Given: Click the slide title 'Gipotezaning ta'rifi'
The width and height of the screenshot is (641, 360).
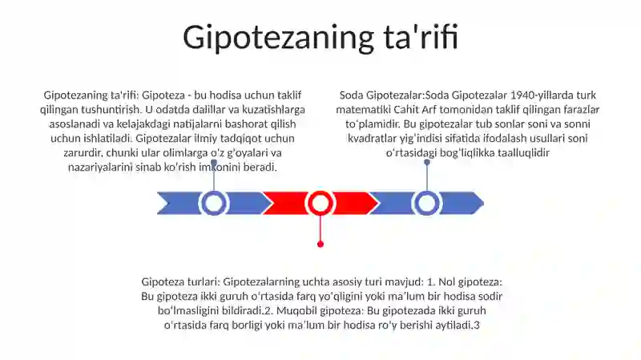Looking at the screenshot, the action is pyautogui.click(x=320, y=38).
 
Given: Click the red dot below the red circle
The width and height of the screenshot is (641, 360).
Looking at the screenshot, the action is pyautogui.click(x=320, y=245).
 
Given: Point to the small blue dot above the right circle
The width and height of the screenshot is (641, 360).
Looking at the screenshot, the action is pyautogui.click(x=427, y=163).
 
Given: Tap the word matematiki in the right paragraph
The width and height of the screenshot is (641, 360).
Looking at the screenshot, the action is pyautogui.click(x=364, y=110).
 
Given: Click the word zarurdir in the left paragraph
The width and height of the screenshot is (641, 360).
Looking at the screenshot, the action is pyautogui.click(x=83, y=153).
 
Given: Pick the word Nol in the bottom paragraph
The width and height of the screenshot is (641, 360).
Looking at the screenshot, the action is pyautogui.click(x=447, y=282).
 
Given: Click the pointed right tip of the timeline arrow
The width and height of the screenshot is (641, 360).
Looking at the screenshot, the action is pyautogui.click(x=484, y=203).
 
